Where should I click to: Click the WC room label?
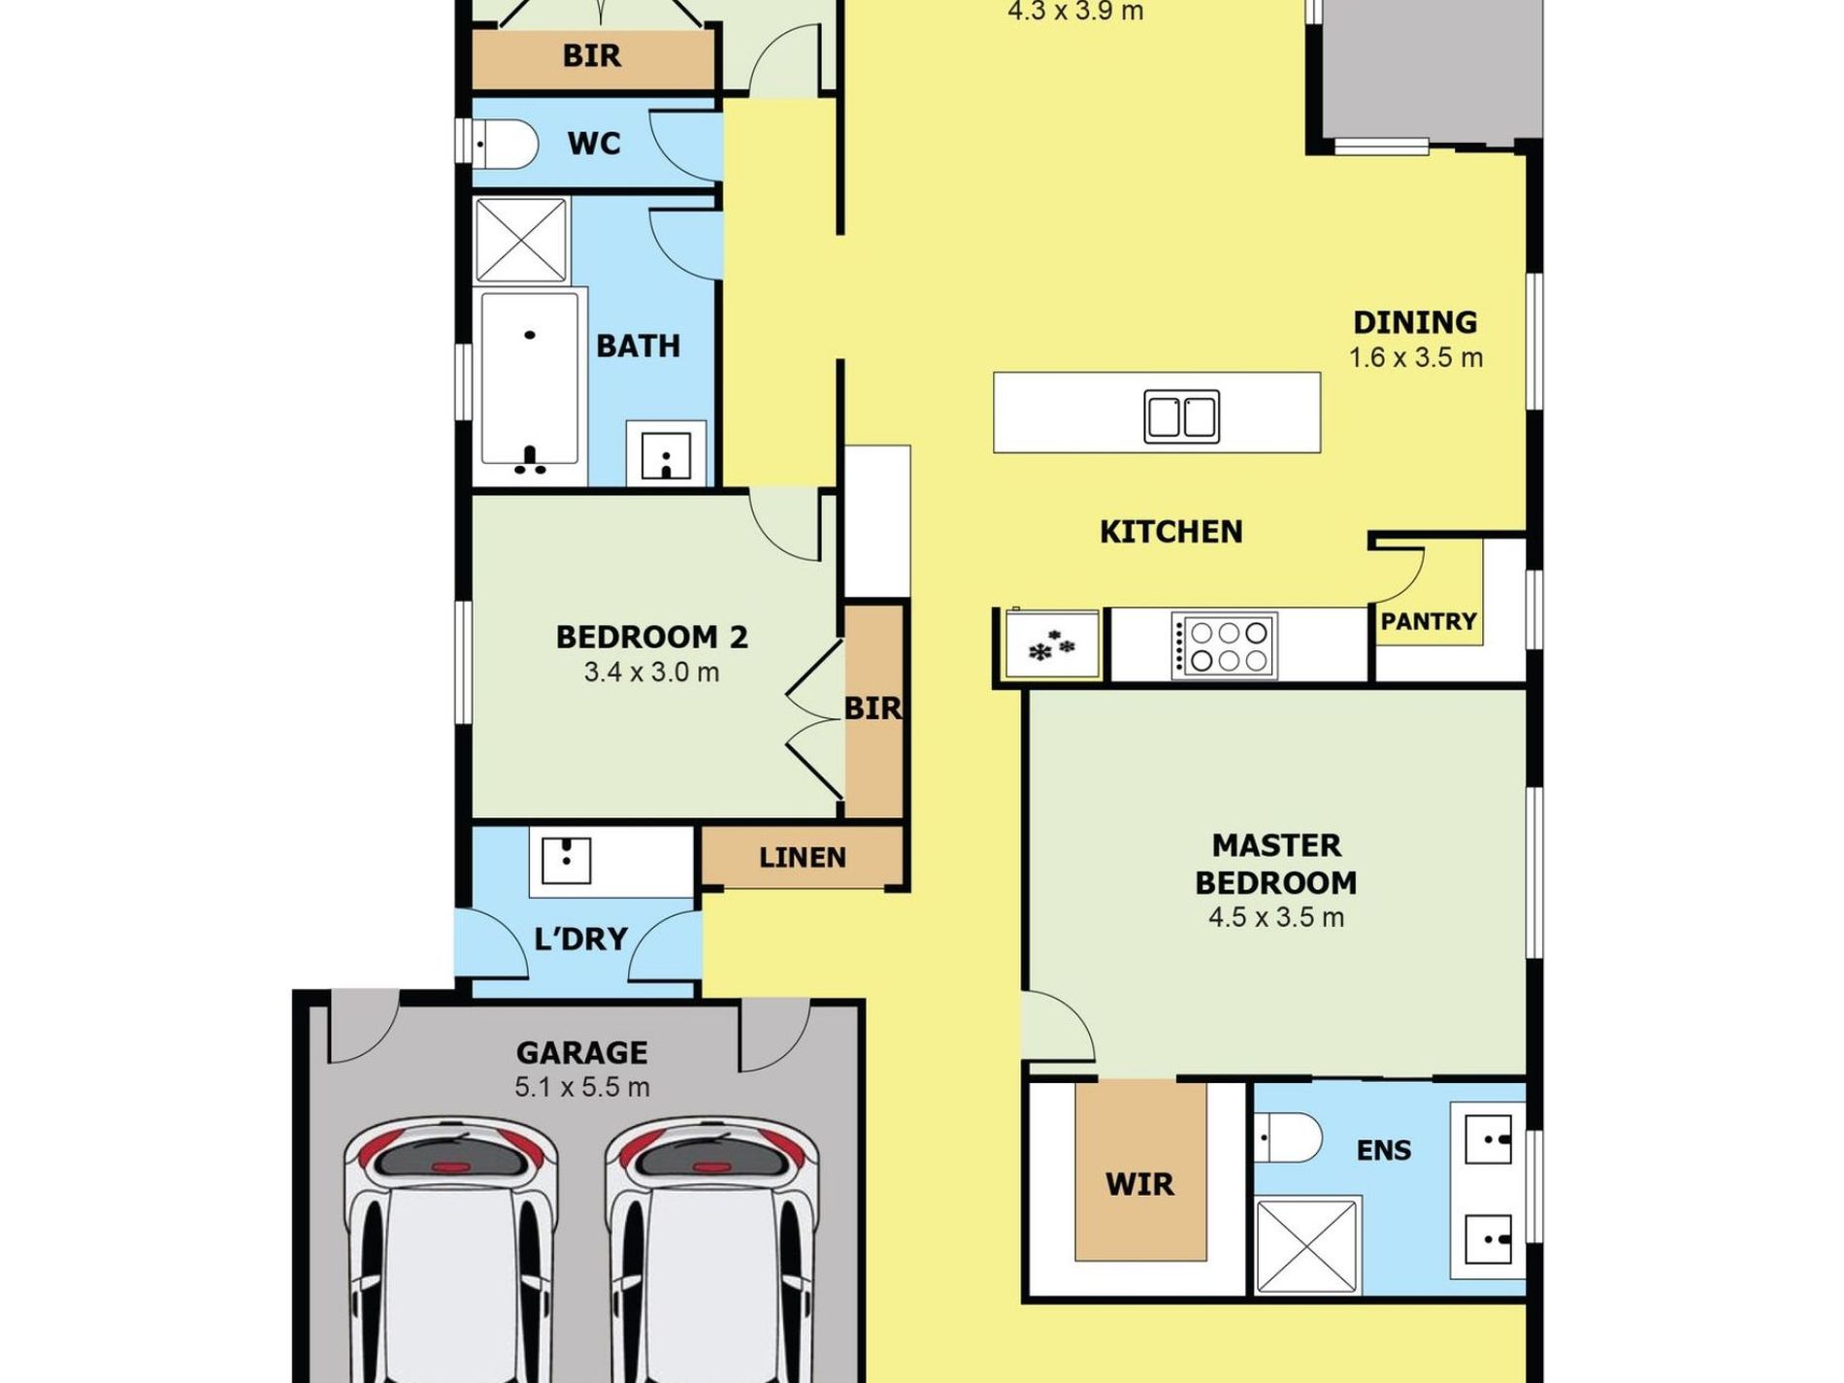(593, 144)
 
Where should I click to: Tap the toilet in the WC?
(505, 145)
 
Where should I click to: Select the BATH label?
(638, 346)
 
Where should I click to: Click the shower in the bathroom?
(521, 241)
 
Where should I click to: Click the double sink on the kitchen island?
(1181, 416)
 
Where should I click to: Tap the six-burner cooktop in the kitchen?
(1224, 645)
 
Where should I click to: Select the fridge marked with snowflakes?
(1052, 643)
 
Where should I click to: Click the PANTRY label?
(1429, 621)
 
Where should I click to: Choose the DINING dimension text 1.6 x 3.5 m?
(1415, 358)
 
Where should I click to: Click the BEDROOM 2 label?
(651, 637)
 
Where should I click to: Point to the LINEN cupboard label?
(802, 858)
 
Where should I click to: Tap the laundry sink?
(566, 861)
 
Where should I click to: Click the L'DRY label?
(580, 938)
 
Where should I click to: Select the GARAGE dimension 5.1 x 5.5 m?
(581, 1087)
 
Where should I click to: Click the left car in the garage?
(451, 1252)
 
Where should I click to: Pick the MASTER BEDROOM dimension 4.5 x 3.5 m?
(1276, 917)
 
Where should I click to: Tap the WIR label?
(1139, 1184)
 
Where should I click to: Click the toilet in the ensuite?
(1288, 1137)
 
